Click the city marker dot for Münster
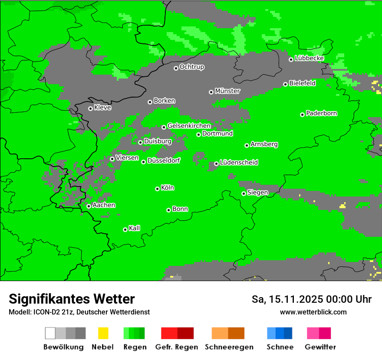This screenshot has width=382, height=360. [211, 92]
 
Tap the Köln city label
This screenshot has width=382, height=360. [168, 188]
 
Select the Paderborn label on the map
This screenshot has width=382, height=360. [322, 114]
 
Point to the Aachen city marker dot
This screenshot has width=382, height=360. [89, 206]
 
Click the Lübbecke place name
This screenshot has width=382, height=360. [310, 58]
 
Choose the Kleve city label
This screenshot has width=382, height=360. [103, 108]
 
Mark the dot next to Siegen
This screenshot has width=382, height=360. [244, 193]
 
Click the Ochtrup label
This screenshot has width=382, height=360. [192, 67]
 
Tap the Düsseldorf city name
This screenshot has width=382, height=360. [164, 160]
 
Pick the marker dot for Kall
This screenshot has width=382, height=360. [125, 229]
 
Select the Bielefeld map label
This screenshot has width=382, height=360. [303, 83]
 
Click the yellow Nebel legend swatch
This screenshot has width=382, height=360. [103, 333]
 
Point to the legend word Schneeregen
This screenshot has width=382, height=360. [228, 347]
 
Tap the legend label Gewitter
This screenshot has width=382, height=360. [320, 347]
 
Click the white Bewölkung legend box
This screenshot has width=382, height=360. [50, 333]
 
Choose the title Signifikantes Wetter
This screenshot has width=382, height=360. [72, 299]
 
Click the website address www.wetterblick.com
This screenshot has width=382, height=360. [313, 312]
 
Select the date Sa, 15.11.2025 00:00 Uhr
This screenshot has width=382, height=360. [312, 299]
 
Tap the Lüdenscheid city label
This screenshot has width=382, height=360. [239, 163]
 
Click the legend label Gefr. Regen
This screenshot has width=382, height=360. [177, 347]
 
